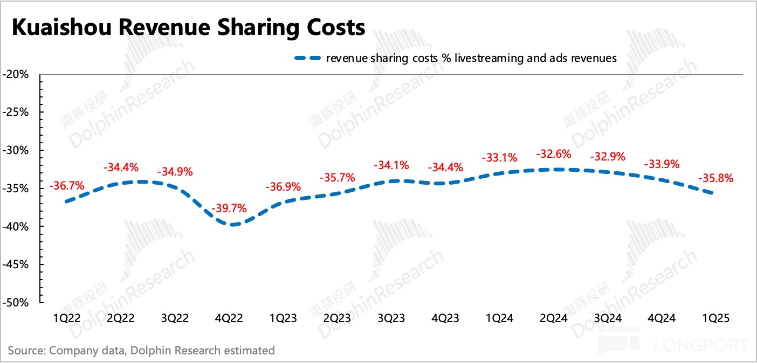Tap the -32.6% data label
click(x=553, y=154)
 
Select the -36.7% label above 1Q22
click(x=67, y=186)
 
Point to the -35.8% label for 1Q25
click(x=715, y=178)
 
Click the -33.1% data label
click(x=499, y=158)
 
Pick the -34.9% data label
click(x=175, y=172)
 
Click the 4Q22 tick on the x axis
click(x=229, y=318)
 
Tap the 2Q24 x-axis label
click(x=553, y=318)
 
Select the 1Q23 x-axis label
click(x=283, y=318)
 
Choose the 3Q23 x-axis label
click(x=391, y=318)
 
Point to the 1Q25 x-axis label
click(x=715, y=318)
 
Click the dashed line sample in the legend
click(x=307, y=58)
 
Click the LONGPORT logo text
click(x=701, y=345)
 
